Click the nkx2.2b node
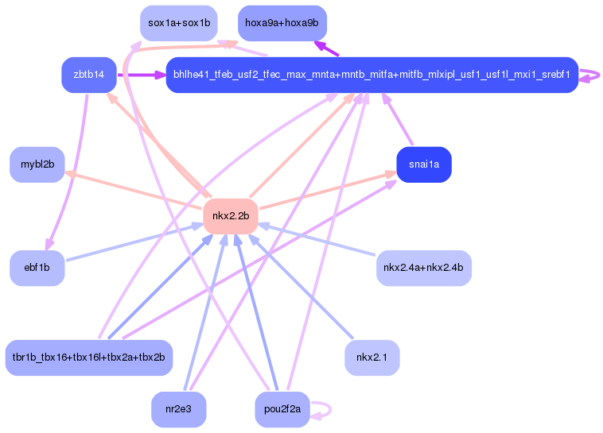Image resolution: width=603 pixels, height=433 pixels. pos(231,216)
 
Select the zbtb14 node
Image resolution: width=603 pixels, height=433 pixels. pos(89,75)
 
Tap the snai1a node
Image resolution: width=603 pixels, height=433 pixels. pos(424,164)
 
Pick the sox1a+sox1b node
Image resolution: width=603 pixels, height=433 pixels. pos(179,23)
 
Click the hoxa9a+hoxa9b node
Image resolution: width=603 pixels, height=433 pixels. pos(282,23)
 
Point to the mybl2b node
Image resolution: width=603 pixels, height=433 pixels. pos(37,164)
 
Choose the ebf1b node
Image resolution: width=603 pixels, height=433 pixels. pos(37,268)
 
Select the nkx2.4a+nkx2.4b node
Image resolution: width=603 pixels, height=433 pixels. pos(424,268)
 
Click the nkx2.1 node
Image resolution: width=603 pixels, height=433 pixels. pos(372,358)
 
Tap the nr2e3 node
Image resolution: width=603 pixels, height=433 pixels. pos(179,409)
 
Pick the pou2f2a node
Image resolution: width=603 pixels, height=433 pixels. pos(282,409)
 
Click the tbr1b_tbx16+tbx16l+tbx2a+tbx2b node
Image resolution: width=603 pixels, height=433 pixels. pos(89,358)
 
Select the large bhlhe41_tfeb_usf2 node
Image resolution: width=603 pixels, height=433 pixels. pos(372,75)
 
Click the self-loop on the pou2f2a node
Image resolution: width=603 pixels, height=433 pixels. pos(330,410)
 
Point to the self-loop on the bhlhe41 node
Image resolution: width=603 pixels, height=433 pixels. pos(598,75)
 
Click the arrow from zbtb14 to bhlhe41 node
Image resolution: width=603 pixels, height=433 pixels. pos(141,75)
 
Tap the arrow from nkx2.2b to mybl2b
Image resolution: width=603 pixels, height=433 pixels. pos(134,190)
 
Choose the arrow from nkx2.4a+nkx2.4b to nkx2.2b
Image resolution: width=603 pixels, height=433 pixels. pos(317,239)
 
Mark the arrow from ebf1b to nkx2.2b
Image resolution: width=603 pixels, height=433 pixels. pos(134,243)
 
